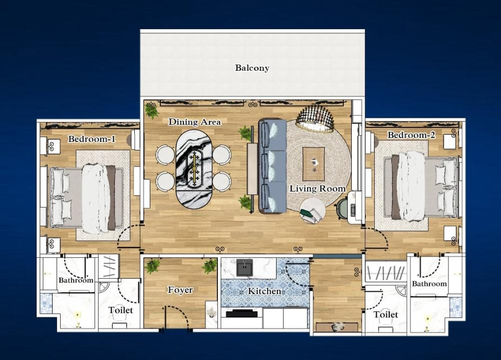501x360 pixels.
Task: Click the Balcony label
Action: pyautogui.click(x=252, y=68)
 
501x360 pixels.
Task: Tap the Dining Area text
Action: pyautogui.click(x=194, y=122)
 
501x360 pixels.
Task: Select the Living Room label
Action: pyautogui.click(x=318, y=189)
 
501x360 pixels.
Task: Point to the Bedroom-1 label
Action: pyautogui.click(x=92, y=139)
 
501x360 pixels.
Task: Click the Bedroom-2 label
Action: pyautogui.click(x=411, y=135)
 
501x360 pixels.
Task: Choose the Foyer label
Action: pyautogui.click(x=180, y=290)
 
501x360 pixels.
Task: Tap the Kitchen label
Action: pyautogui.click(x=265, y=291)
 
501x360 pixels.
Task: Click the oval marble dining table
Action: pyautogui.click(x=194, y=166)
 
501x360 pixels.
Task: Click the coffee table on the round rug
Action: pyautogui.click(x=314, y=163)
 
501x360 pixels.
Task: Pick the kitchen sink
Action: pyautogui.click(x=244, y=268)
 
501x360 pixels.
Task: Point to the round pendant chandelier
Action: pyautogui.click(x=315, y=119)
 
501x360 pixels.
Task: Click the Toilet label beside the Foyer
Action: pyautogui.click(x=121, y=310)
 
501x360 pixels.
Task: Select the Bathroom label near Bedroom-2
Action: pyautogui.click(x=429, y=284)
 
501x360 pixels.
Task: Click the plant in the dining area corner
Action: pyautogui.click(x=151, y=110)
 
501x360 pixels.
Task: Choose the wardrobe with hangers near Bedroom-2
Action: pyautogui.click(x=386, y=274)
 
